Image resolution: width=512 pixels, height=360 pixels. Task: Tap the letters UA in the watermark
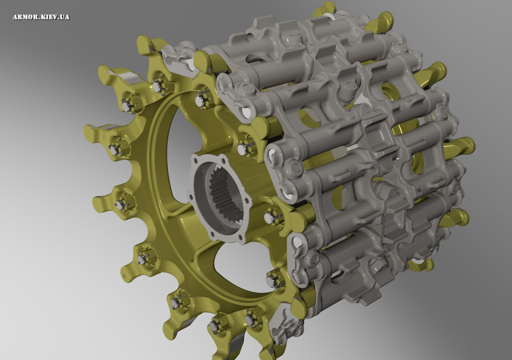(65, 17)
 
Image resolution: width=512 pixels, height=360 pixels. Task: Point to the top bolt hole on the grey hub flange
(223, 161)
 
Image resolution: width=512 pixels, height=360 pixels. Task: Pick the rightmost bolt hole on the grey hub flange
(246, 200)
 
